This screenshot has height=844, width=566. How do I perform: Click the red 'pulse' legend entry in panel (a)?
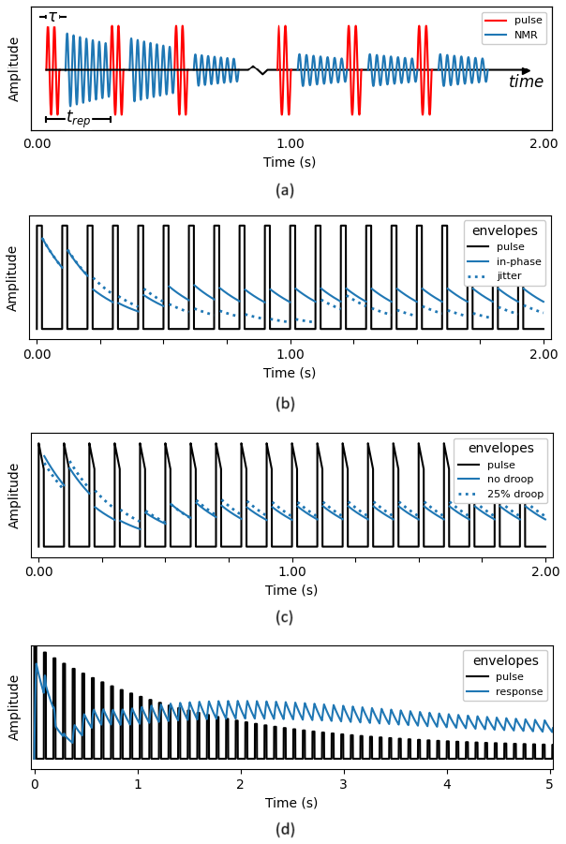528,21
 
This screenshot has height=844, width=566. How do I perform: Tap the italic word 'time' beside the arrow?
525,82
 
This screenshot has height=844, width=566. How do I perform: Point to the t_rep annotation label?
77,118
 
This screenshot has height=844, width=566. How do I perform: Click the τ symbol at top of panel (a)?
52,16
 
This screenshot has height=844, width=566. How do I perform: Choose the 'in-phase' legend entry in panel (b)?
518,261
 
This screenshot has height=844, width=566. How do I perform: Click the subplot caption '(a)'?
285,191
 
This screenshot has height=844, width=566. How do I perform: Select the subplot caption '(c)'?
284,617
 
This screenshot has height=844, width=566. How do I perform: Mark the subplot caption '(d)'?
285,830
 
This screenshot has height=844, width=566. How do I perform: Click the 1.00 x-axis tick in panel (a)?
290,144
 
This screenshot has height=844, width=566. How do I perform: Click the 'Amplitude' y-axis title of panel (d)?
14,707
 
